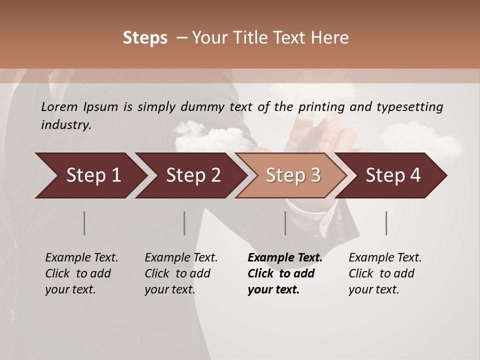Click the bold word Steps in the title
[x=145, y=38]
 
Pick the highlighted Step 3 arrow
[x=291, y=175]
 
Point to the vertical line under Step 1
[x=84, y=223]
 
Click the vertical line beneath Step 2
[x=184, y=223]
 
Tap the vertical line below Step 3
[x=285, y=223]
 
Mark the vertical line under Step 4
[x=386, y=223]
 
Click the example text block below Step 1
[x=81, y=273]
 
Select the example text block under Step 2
[x=181, y=273]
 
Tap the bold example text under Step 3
[x=285, y=273]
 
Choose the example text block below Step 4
[x=385, y=273]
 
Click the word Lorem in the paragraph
[x=59, y=106]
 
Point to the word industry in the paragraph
[x=66, y=125]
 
